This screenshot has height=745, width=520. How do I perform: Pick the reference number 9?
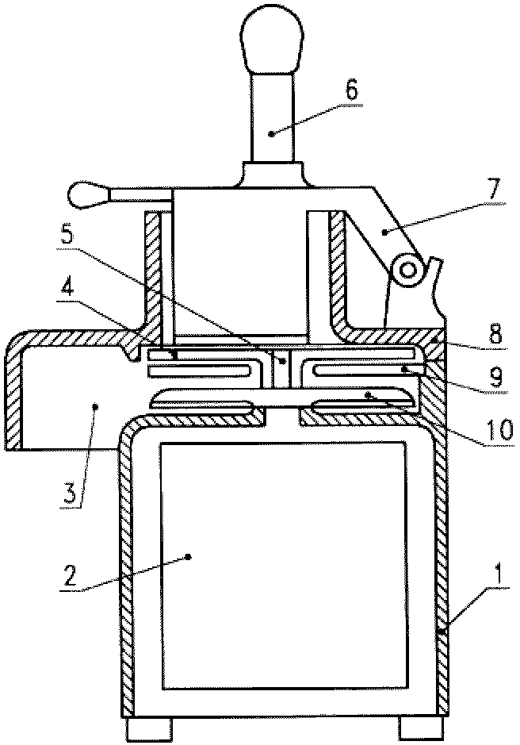coord(495,378)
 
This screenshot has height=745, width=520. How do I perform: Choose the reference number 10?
coord(499,430)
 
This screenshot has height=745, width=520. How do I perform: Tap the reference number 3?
coord(69,494)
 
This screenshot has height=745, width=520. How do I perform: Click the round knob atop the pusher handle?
coord(271,41)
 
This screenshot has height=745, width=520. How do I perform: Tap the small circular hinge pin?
coord(407,271)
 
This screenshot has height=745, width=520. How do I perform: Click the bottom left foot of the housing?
coord(150,730)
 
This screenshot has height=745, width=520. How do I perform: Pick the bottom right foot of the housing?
coord(421,730)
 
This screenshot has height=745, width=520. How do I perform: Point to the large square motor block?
coord(284,565)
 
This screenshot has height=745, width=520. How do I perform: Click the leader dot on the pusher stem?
coord(271,134)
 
